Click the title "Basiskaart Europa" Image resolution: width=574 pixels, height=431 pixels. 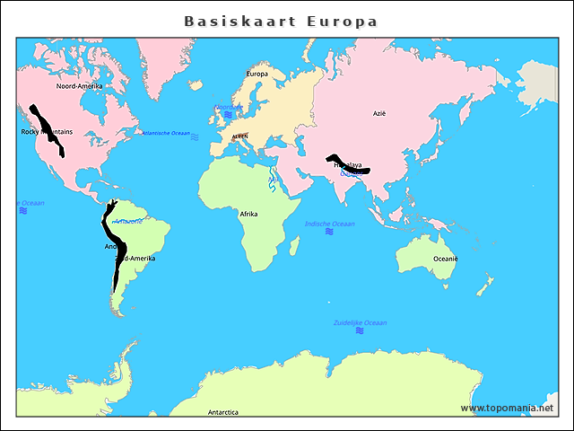coord(281,21)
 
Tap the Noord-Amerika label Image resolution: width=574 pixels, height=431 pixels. coord(79,86)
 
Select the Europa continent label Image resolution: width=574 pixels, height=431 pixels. coord(257,74)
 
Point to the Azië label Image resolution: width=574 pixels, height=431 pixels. coord(379,114)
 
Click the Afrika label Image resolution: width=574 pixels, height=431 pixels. coord(248,214)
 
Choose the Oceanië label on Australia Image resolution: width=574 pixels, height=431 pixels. coord(446,259)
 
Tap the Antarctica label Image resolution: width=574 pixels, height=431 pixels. coord(223,412)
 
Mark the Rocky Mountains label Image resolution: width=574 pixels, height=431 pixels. coord(47,132)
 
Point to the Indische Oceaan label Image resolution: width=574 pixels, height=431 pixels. coord(330,224)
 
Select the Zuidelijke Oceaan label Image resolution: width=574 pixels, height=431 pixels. coord(361,322)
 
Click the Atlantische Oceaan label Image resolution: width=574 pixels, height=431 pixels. coord(166,133)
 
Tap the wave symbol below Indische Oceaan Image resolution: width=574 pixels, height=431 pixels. coord(329,232)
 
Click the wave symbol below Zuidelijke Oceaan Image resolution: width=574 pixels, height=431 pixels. coord(360,330)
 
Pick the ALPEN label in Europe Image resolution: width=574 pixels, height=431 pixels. coord(239,136)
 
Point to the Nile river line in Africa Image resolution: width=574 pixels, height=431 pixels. coord(271,184)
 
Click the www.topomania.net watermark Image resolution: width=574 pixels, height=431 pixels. coord(507,408)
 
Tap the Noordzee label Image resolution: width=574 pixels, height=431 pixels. coord(228,107)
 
